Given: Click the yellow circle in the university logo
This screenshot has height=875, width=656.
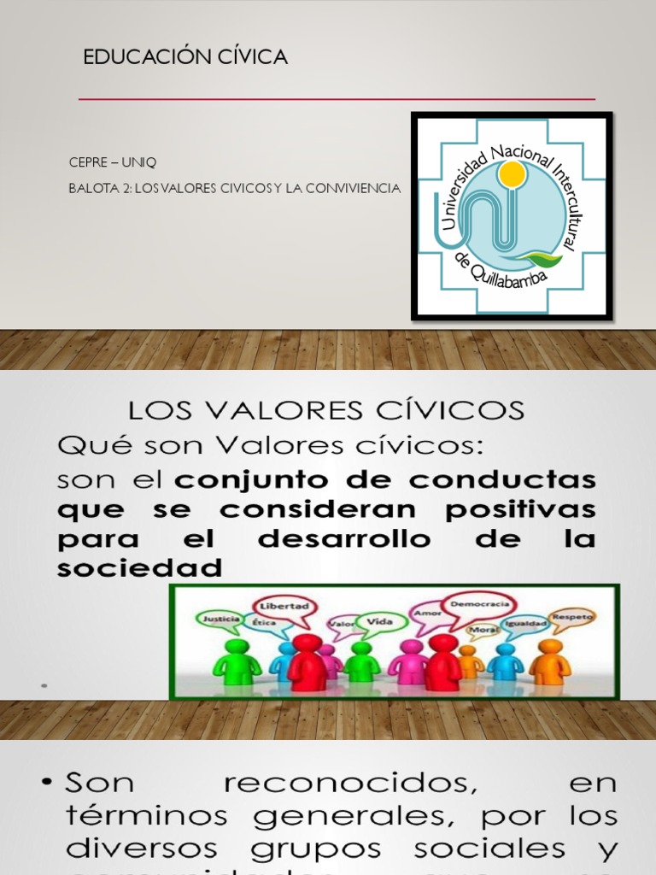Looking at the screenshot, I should (x=512, y=176).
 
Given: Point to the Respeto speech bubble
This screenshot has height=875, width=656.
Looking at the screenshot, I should (x=572, y=616).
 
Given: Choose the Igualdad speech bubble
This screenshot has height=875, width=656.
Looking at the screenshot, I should (x=524, y=625).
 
